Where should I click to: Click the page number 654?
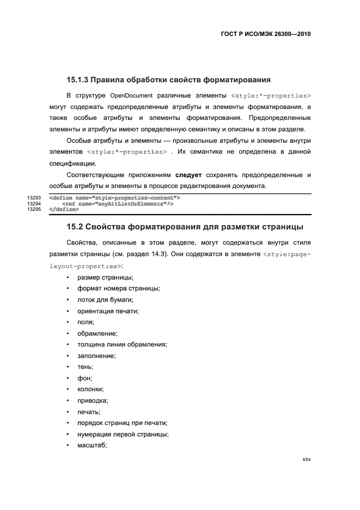(x=306, y=459)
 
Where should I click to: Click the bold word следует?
(x=189, y=175)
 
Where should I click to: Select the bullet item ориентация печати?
(x=108, y=311)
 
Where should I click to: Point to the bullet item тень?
(x=86, y=367)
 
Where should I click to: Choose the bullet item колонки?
(x=90, y=389)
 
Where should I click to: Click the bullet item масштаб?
(x=92, y=445)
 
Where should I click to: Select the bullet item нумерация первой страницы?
(x=123, y=434)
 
